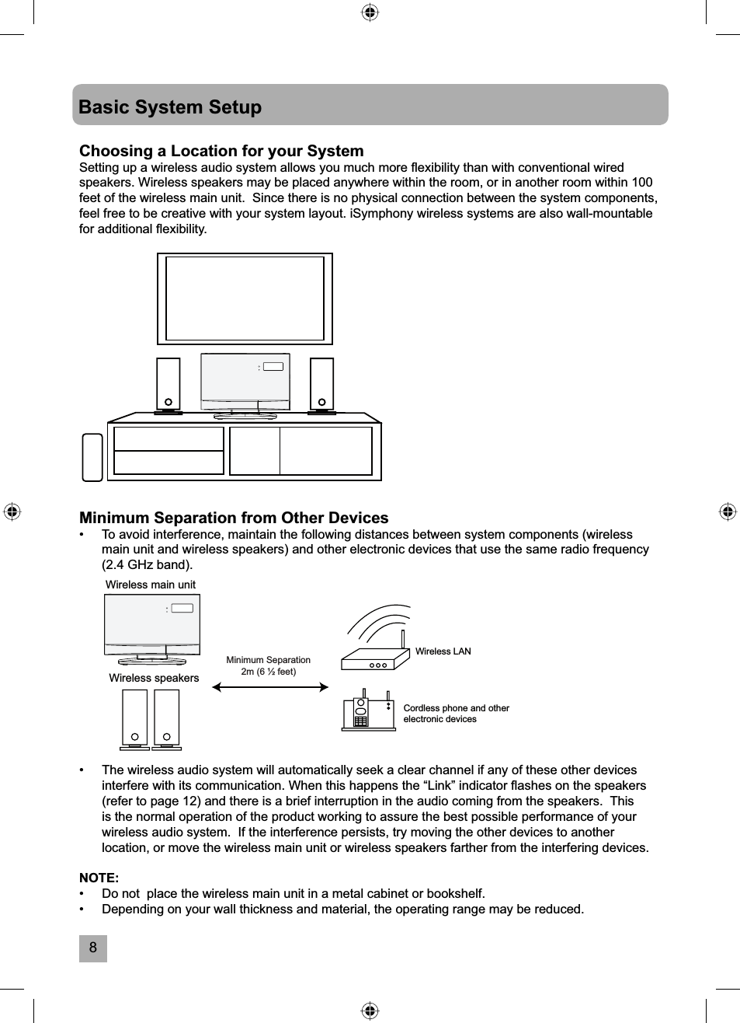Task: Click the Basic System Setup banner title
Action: coord(170,107)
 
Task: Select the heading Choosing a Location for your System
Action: coord(221,151)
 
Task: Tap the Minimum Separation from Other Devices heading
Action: coord(234,518)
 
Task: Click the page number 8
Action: coord(93,948)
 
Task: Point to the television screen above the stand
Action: coord(245,299)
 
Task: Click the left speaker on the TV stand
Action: coord(168,384)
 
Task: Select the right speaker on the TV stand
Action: coord(321,384)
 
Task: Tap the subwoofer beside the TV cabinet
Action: coord(92,457)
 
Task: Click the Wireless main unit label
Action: coord(151,585)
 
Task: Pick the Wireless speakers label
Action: coord(154,678)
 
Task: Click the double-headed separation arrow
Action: coord(270,687)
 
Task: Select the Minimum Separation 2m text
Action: coord(268,665)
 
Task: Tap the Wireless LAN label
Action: coord(443,651)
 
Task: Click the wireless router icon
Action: coord(376,658)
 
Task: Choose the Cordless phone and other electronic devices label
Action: coord(456,714)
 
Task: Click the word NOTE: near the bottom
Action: coord(99,878)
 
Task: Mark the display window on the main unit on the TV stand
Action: coord(273,367)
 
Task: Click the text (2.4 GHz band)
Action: coord(148,564)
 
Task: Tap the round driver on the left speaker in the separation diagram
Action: coord(135,737)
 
